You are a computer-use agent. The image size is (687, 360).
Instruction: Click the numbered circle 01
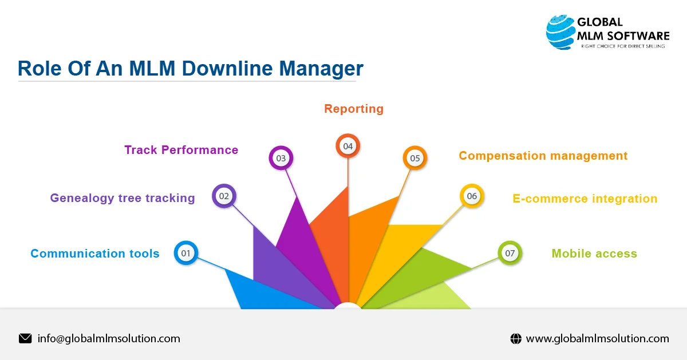pos(185,253)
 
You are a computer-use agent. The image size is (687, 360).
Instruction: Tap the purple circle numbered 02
pos(224,196)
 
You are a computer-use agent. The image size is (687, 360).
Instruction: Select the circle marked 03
pos(281,158)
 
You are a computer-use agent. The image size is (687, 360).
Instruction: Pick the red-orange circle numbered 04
pos(348,147)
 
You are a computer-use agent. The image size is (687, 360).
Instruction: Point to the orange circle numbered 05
pos(415,158)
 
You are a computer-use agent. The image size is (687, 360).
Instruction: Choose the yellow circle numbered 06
pos(472,196)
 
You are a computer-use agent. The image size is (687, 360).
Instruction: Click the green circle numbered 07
pos(510,253)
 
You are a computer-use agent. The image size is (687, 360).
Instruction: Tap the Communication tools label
pos(95,254)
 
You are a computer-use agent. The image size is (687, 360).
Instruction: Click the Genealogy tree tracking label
pos(123,198)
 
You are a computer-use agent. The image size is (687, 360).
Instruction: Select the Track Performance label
pos(181,150)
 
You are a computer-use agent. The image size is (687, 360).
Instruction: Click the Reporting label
pos(354,109)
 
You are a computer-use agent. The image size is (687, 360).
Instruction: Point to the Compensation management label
pos(543,156)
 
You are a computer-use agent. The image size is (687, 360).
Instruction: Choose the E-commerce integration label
pos(585,199)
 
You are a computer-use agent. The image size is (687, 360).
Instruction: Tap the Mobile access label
pos(594,254)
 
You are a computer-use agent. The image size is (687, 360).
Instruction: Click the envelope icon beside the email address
pos(25,338)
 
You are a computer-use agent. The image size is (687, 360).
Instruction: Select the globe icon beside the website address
pos(516,339)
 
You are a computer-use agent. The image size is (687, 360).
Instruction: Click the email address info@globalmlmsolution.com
pos(109,338)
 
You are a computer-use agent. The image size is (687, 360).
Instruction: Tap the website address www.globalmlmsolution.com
pos(597,339)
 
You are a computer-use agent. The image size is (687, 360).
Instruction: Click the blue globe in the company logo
pos(560,33)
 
